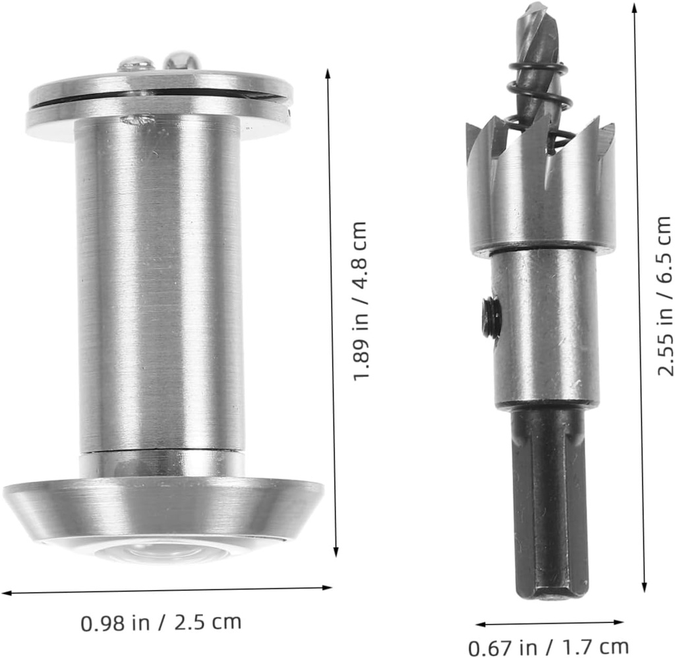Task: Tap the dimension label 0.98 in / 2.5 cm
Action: [161, 622]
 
